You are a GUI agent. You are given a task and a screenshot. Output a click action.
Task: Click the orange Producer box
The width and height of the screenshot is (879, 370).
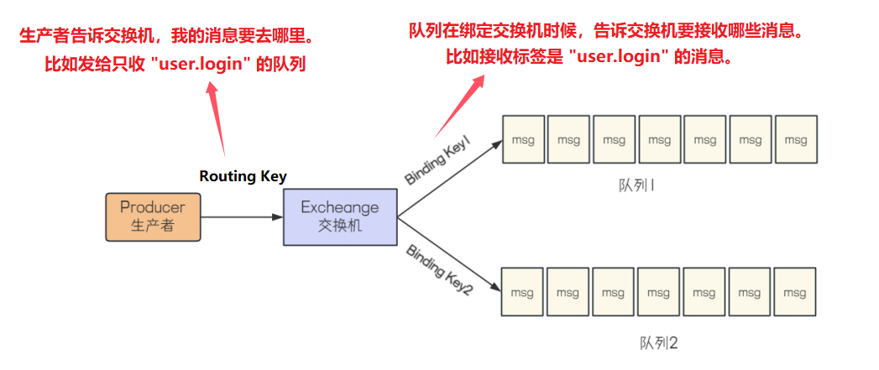(153, 216)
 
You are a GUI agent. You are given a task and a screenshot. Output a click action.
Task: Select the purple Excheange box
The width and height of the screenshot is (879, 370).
(339, 216)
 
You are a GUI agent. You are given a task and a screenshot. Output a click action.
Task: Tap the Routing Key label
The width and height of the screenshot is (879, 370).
(243, 176)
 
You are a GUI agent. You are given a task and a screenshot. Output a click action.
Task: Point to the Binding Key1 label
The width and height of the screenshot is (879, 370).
(437, 163)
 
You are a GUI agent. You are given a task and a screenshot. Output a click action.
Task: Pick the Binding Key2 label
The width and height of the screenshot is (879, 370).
(439, 268)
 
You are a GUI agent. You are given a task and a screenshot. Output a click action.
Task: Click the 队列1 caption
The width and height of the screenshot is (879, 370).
(636, 185)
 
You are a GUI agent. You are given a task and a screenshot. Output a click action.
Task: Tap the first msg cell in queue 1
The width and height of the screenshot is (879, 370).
(523, 140)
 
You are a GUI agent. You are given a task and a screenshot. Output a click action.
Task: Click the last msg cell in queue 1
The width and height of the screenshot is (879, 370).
(795, 140)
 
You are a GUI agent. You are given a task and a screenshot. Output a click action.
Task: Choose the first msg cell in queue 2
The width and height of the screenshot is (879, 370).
(522, 293)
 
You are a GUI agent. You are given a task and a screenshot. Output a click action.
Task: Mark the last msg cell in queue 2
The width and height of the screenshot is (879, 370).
(794, 293)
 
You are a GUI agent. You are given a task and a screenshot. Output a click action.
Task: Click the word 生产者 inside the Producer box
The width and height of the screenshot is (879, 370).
(152, 225)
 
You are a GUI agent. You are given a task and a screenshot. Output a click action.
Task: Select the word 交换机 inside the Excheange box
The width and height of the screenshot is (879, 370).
(339, 226)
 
